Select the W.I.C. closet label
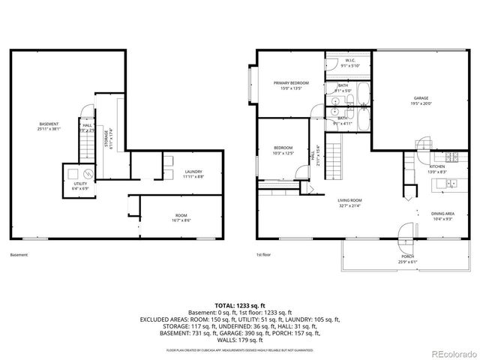(x=349, y=62)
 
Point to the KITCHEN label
(x=436, y=168)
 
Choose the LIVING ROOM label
(x=349, y=201)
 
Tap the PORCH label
(x=407, y=258)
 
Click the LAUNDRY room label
(x=193, y=173)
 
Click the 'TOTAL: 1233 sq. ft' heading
(x=239, y=305)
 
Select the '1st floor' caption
(x=263, y=255)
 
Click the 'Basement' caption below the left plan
(x=19, y=255)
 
